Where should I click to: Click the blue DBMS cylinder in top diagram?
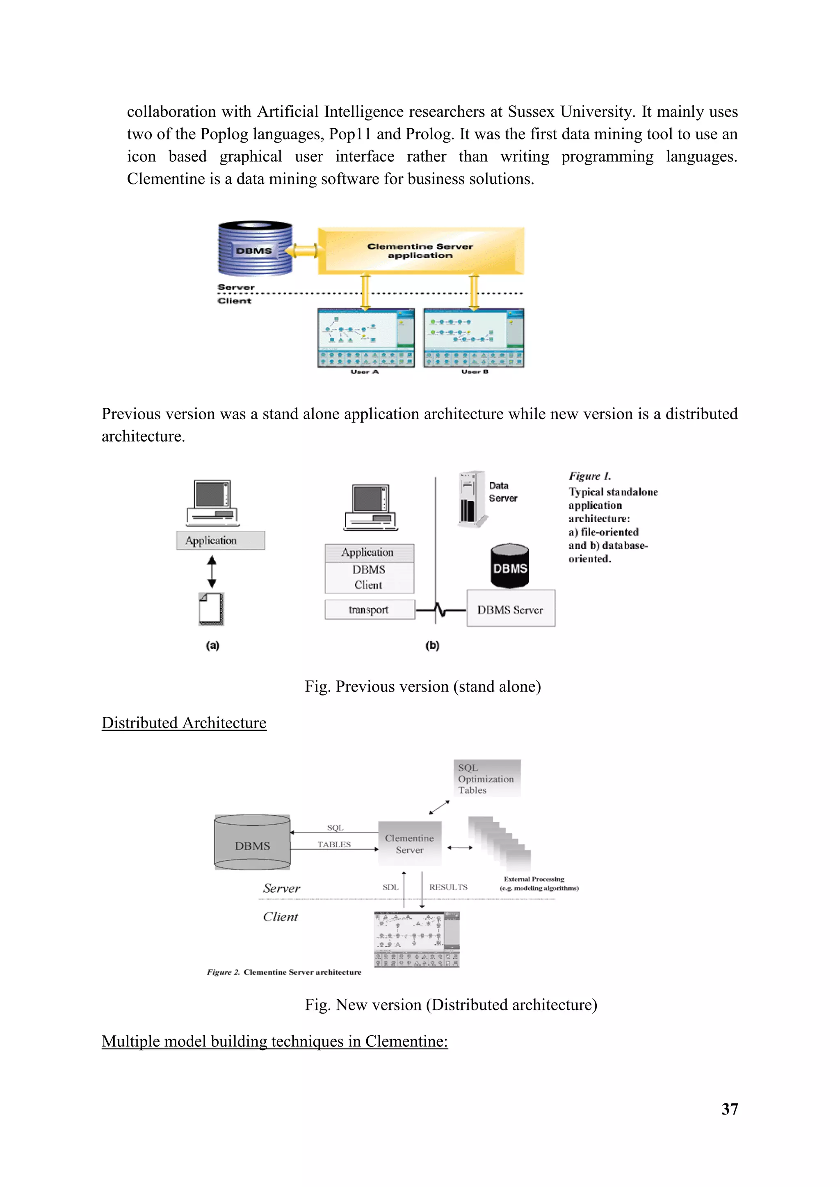pyautogui.click(x=254, y=249)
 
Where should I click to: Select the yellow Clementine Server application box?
pyautogui.click(x=420, y=251)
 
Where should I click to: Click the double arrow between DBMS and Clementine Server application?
pyautogui.click(x=305, y=251)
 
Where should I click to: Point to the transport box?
pyautogui.click(x=369, y=609)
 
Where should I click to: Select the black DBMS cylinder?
pyautogui.click(x=509, y=566)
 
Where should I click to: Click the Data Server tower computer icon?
pyautogui.click(x=471, y=498)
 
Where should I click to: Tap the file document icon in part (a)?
pyautogui.click(x=211, y=609)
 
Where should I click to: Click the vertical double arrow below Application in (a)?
pyautogui.click(x=212, y=572)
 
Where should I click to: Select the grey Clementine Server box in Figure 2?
pyautogui.click(x=410, y=844)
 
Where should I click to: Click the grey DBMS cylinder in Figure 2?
pyautogui.click(x=252, y=843)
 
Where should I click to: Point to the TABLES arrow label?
pyautogui.click(x=334, y=844)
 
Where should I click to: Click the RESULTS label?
pyautogui.click(x=448, y=887)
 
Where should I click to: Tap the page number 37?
pyautogui.click(x=729, y=1109)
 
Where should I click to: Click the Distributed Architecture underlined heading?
pyautogui.click(x=184, y=723)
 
